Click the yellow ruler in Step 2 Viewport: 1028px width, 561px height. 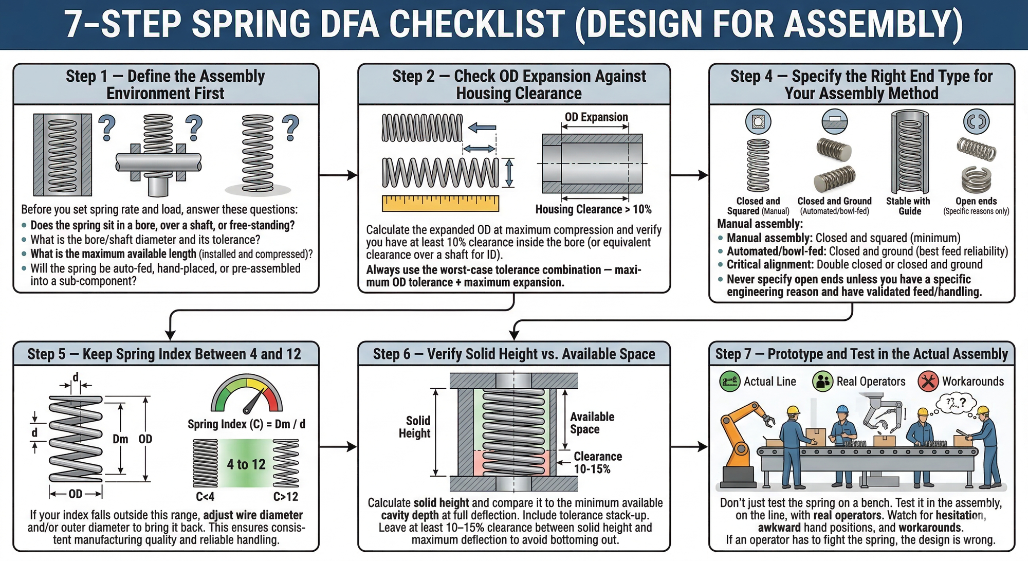(x=440, y=203)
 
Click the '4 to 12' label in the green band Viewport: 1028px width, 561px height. (x=246, y=464)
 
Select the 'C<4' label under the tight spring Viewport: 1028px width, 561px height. (x=205, y=497)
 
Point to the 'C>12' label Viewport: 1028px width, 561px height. (x=285, y=497)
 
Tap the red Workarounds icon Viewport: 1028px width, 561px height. (x=928, y=382)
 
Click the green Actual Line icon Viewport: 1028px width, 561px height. (x=729, y=382)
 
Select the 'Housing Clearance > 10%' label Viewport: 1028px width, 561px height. (x=593, y=209)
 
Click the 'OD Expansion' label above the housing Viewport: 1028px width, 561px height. (x=596, y=117)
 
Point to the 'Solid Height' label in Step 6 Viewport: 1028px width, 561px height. (x=415, y=427)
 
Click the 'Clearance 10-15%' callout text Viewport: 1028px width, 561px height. (x=597, y=463)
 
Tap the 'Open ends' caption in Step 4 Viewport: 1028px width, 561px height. (x=976, y=202)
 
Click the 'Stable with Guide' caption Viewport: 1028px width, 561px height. (x=908, y=206)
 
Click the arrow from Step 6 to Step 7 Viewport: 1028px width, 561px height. (x=689, y=446)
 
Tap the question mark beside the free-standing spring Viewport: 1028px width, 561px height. (x=290, y=128)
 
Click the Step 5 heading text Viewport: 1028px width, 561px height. (x=164, y=354)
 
